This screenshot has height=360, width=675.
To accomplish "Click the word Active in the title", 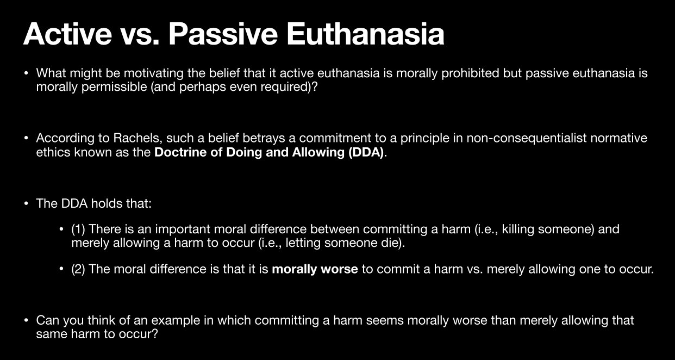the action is (x=67, y=34).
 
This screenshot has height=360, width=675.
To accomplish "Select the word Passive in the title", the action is (x=223, y=34).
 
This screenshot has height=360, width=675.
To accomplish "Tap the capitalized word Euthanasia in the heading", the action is (x=365, y=34).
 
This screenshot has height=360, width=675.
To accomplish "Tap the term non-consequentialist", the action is (x=527, y=138).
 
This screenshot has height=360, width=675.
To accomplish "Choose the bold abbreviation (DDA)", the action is (x=366, y=152).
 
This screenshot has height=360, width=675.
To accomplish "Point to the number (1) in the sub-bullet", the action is (x=78, y=229).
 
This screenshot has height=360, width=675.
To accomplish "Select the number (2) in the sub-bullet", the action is (x=78, y=269).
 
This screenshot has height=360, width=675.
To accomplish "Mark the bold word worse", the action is (x=339, y=269).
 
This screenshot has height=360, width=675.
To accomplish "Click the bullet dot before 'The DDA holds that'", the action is (x=26, y=204).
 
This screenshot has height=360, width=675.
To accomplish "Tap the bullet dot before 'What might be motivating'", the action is (x=26, y=73).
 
